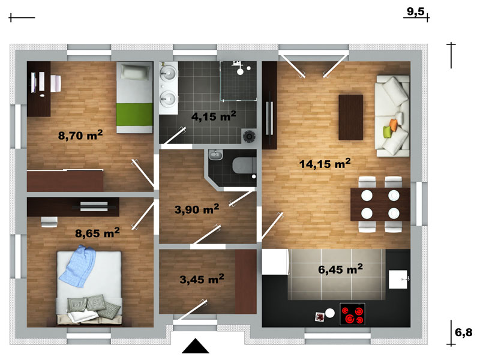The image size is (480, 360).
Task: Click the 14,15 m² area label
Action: click(325, 163)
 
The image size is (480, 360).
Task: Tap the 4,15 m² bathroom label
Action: click(214, 116)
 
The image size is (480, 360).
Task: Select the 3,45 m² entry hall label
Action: click(202, 279)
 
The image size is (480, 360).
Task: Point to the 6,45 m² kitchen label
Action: click(340, 269)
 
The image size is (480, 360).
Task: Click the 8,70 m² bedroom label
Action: click(80, 135)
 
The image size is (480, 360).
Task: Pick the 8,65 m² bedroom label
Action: click(97, 233)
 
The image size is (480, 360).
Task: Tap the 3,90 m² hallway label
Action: click(197, 209)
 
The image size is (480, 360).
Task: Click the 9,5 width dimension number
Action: click(415, 11)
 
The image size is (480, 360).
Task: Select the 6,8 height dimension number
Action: click(463, 332)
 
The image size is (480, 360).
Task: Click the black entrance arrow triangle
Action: click(196, 346)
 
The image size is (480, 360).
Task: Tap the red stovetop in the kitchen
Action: click(353, 314)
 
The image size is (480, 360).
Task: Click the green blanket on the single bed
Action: click(134, 114)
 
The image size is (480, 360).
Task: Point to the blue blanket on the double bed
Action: click(78, 266)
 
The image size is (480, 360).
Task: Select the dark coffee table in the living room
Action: click(350, 117)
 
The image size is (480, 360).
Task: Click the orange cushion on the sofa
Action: click(393, 124)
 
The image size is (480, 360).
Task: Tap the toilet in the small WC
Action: click(244, 166)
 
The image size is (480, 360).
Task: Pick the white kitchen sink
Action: click(398, 279)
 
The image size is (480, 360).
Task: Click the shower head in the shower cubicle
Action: click(241, 71)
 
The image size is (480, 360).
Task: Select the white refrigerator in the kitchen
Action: click(275, 262)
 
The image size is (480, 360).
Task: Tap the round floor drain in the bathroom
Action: click(249, 136)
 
